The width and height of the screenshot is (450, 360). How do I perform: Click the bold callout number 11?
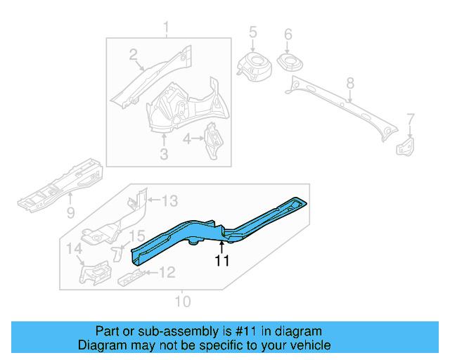(222, 261)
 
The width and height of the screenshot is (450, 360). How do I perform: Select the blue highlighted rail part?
(211, 229)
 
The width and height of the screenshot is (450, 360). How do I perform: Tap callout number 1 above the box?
(167, 28)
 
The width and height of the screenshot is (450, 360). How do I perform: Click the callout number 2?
(133, 55)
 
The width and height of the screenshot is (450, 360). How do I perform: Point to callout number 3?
(164, 153)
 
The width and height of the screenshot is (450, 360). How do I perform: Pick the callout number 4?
(187, 139)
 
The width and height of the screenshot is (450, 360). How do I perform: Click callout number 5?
(253, 32)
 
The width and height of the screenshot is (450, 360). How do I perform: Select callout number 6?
(288, 34)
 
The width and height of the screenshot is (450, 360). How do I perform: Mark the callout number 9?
(70, 212)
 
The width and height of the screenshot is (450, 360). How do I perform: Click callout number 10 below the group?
(183, 302)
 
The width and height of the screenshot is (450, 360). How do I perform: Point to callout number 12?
(167, 272)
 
